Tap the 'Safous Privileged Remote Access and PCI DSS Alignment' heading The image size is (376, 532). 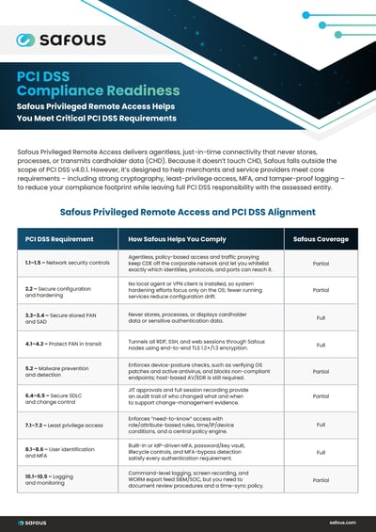point(187,212)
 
